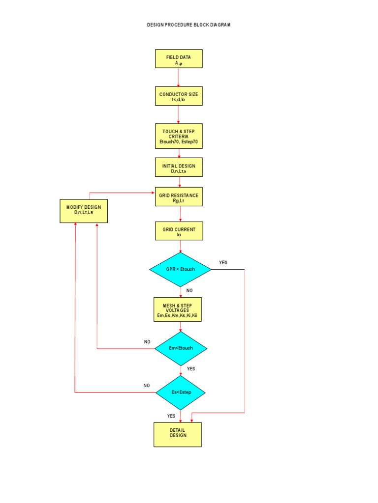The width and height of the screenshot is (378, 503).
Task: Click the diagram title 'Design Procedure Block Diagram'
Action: [x=189, y=25]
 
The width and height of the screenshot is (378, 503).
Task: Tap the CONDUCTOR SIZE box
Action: [x=179, y=96]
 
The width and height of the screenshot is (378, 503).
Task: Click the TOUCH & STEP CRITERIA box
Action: [x=179, y=136]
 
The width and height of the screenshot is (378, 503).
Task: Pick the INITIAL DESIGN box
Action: [x=179, y=167]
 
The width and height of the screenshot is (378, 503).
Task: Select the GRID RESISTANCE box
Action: [x=179, y=196]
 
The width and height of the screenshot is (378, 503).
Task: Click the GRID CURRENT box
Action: [x=179, y=230]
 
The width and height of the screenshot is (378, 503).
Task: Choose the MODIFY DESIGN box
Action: [x=84, y=211]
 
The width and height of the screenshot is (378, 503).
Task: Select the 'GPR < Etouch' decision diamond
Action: [x=180, y=270]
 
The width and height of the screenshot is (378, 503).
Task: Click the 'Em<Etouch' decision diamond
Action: [x=181, y=348]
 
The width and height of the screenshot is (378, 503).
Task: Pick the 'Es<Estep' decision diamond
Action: [x=181, y=392]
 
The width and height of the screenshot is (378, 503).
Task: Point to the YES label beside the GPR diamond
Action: [x=223, y=263]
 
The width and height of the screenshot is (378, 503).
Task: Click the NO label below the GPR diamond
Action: [x=189, y=291]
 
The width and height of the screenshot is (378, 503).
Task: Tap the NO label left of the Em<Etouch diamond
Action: [x=147, y=342]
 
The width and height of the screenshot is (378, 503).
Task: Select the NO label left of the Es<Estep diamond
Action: [x=147, y=386]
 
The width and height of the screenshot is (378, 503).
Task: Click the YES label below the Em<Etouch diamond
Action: [x=191, y=368]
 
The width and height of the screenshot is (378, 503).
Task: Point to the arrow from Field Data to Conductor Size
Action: [x=178, y=77]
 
